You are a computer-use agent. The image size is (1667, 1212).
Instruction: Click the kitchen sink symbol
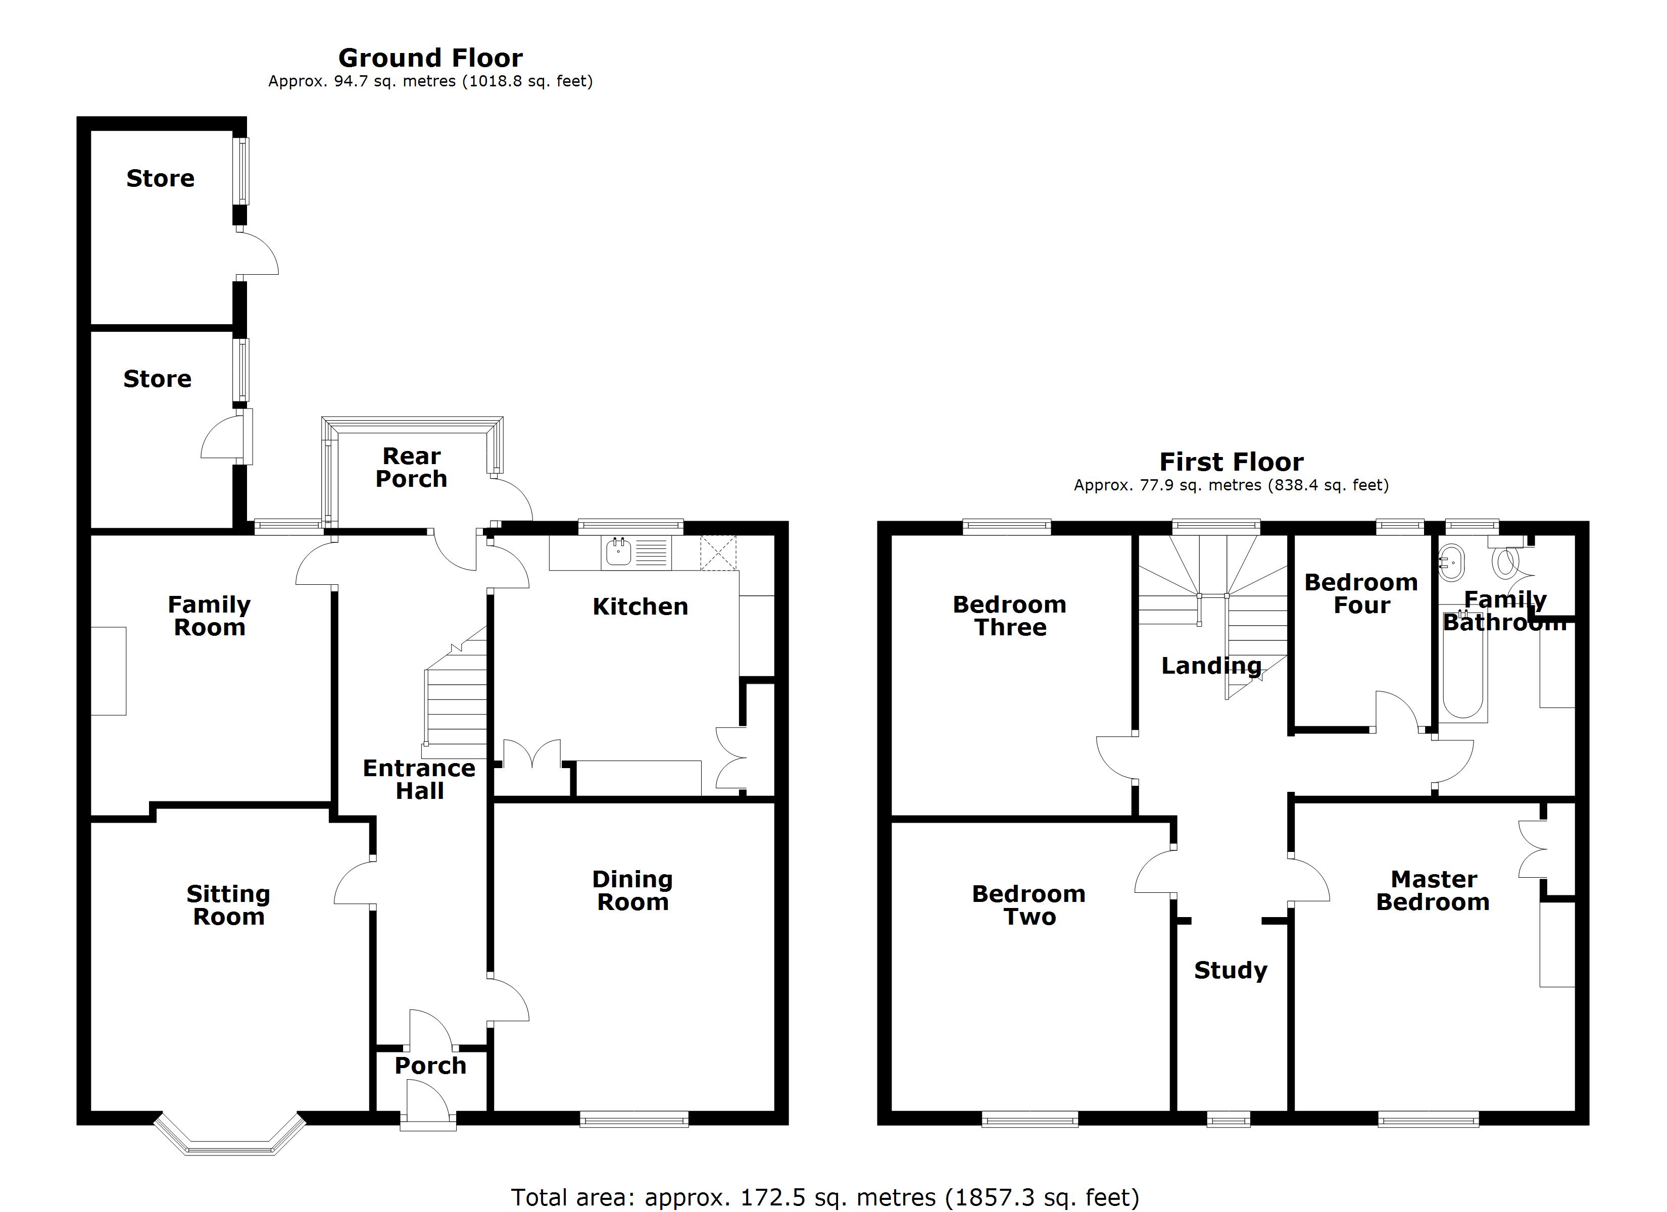click(619, 552)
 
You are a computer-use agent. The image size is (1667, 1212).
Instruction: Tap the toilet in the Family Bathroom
click(1504, 562)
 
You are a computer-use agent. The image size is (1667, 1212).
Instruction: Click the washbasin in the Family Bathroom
click(1451, 561)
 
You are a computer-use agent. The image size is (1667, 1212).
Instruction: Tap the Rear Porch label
click(412, 468)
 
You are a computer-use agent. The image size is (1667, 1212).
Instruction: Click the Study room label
click(1231, 970)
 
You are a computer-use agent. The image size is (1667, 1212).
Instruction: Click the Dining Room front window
click(633, 1120)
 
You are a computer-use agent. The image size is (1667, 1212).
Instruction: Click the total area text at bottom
click(825, 1196)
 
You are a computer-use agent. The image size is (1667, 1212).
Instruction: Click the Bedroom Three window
click(1006, 526)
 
